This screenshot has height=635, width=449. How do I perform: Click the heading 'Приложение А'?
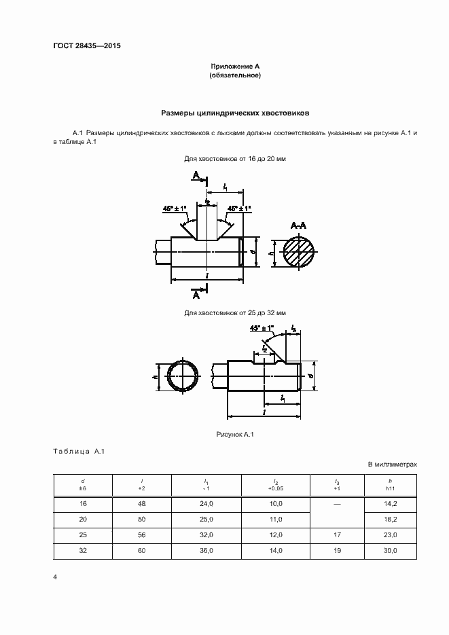point(235,67)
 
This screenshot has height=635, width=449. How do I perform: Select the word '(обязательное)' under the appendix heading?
point(235,75)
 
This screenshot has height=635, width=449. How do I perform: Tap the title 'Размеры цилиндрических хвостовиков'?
point(235,113)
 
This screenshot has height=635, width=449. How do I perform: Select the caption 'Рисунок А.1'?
point(234,434)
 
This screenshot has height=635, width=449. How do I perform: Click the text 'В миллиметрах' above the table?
point(392,465)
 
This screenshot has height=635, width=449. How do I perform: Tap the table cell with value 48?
point(141,504)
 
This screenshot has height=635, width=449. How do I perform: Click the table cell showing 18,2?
point(390,519)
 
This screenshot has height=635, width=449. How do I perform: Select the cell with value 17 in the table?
point(337,534)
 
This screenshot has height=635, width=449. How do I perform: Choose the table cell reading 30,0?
point(390,550)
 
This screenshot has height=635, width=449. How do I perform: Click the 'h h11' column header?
point(390,485)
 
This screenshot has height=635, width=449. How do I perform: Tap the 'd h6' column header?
point(82,485)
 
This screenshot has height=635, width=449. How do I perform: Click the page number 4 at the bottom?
point(54,577)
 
